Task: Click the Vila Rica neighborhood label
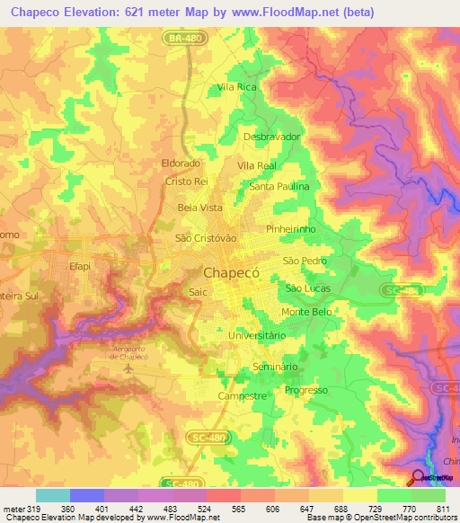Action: pyautogui.click(x=236, y=88)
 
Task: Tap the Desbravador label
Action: pyautogui.click(x=271, y=137)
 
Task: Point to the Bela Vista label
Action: pyautogui.click(x=199, y=208)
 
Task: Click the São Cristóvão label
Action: pyautogui.click(x=205, y=238)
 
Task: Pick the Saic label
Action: pyautogui.click(x=199, y=292)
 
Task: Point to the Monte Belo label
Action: pyautogui.click(x=307, y=312)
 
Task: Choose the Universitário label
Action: pyautogui.click(x=258, y=335)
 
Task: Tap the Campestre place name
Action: pyautogui.click(x=242, y=395)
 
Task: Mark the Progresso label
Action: pyautogui.click(x=305, y=391)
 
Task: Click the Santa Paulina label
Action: pyautogui.click(x=279, y=186)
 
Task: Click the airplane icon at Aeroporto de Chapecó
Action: pyautogui.click(x=129, y=368)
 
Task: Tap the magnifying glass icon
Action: pyautogui.click(x=418, y=477)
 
